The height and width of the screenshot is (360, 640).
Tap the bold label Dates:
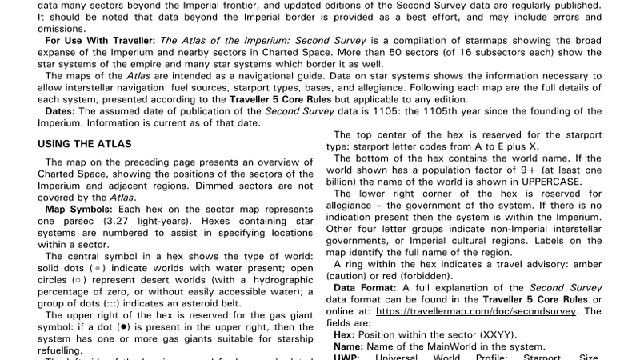pos(60,111)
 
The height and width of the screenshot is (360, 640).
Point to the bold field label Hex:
pos(345,334)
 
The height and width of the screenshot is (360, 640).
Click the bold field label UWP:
pos(346,358)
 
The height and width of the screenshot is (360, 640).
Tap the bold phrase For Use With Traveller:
pos(101,39)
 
